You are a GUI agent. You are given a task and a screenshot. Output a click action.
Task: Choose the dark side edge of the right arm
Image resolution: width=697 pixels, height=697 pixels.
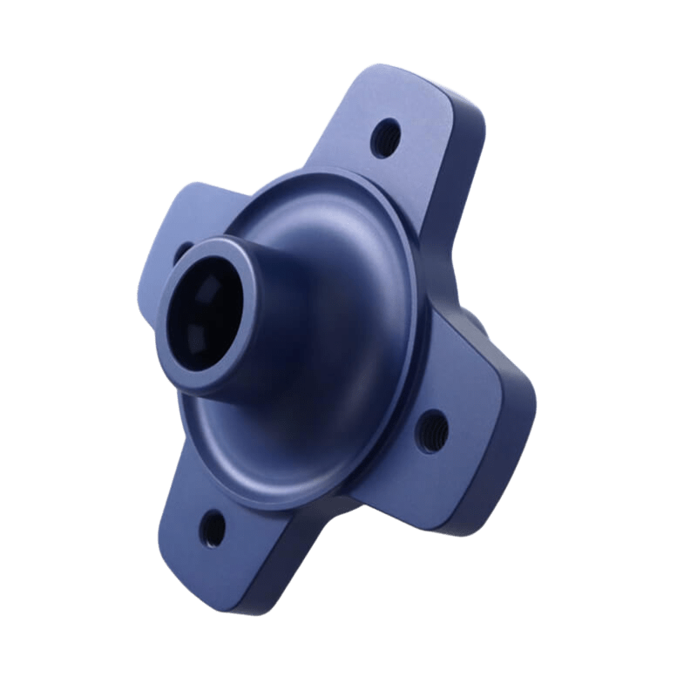pyautogui.click(x=514, y=436)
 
